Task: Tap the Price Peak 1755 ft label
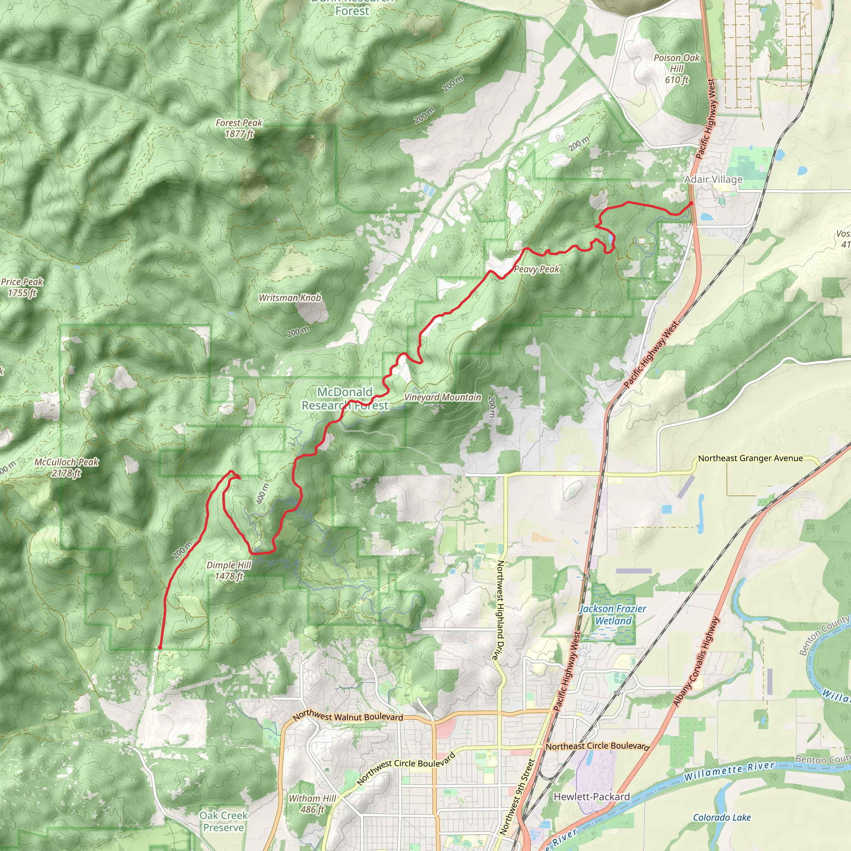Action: (x=22, y=287)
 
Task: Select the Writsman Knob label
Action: (x=290, y=298)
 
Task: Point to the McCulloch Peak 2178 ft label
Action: (x=66, y=467)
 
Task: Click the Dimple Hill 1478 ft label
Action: (x=229, y=571)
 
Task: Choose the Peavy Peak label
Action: (x=536, y=269)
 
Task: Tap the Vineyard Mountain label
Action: (x=442, y=397)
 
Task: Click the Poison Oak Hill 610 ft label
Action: (x=676, y=69)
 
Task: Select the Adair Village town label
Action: (x=713, y=179)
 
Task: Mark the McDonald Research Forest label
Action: (x=345, y=398)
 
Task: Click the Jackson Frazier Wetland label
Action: (x=613, y=615)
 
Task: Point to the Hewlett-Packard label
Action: (x=592, y=797)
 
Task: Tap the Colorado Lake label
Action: (x=721, y=817)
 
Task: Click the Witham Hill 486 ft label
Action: (x=312, y=804)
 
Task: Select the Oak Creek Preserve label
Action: (x=223, y=821)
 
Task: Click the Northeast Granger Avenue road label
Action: (x=750, y=458)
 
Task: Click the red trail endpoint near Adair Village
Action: (x=691, y=204)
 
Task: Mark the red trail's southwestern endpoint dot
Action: (x=160, y=647)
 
